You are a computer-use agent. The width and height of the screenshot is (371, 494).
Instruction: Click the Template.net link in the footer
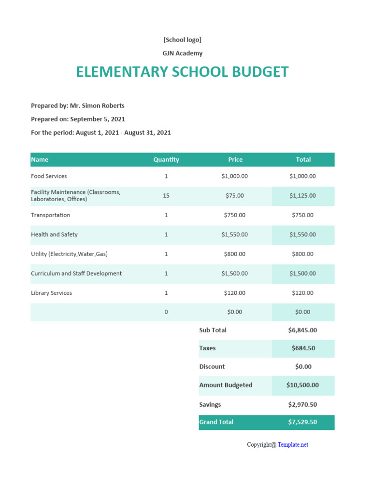(293, 445)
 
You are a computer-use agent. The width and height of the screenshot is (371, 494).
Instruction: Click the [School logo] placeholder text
(182, 40)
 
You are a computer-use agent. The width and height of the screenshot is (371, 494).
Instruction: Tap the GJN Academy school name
(182, 53)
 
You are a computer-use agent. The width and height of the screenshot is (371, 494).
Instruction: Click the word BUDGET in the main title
(260, 72)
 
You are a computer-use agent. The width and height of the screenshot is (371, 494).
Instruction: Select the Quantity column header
(166, 160)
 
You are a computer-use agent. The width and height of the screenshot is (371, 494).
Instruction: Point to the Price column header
(235, 160)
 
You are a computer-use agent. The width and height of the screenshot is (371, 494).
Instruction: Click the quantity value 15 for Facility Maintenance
(166, 196)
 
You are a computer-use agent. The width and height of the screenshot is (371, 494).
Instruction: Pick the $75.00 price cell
(235, 196)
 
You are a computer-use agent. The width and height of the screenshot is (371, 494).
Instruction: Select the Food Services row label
(49, 177)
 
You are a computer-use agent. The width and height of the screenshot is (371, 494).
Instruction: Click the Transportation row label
(50, 215)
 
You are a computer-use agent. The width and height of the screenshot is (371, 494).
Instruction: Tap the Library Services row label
(51, 293)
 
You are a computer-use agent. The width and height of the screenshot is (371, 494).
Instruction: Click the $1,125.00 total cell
(302, 196)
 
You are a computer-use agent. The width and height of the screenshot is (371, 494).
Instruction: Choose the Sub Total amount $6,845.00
(302, 330)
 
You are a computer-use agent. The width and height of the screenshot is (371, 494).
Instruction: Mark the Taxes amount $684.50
(302, 348)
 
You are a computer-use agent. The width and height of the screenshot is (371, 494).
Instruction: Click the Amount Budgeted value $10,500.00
(302, 385)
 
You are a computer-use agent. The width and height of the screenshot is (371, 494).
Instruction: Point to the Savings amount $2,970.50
(302, 405)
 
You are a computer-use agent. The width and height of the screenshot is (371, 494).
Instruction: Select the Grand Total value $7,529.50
(302, 422)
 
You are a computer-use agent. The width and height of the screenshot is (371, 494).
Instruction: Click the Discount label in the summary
(212, 367)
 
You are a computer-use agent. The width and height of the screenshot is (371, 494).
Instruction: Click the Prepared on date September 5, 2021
(98, 119)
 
